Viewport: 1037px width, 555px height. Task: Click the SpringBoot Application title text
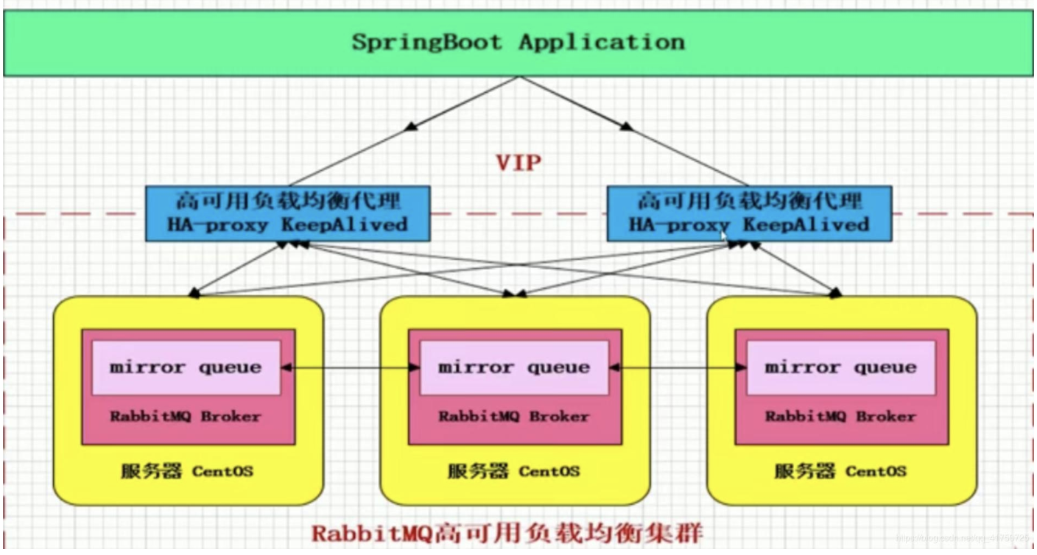(518, 41)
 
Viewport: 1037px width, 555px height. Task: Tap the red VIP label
(518, 163)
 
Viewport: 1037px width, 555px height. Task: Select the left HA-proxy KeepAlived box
(287, 213)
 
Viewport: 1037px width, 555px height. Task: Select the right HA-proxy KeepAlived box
(748, 213)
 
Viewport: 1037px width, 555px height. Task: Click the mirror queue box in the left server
(186, 367)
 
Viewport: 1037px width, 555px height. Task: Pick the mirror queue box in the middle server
(513, 367)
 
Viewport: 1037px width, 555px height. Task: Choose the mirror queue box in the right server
(841, 367)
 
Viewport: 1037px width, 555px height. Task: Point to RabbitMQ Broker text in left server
(186, 417)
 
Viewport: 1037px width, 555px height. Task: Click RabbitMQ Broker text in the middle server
(513, 417)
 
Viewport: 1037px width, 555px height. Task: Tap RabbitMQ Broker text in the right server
(841, 417)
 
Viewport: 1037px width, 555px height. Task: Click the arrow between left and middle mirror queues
(350, 366)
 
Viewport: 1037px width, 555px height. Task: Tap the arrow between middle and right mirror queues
(678, 366)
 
